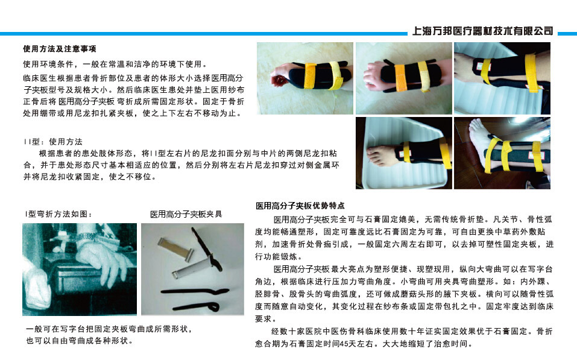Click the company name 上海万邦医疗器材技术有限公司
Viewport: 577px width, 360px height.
point(483,31)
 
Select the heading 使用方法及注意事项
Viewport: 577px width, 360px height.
point(60,49)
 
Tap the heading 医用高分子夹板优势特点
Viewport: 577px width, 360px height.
point(300,206)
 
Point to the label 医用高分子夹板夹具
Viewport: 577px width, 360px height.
point(186,214)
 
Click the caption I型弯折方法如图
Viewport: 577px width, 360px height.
point(58,214)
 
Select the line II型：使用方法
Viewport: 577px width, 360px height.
point(52,142)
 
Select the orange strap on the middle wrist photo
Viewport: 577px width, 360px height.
point(400,77)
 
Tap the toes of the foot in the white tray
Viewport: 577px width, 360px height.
point(376,156)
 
